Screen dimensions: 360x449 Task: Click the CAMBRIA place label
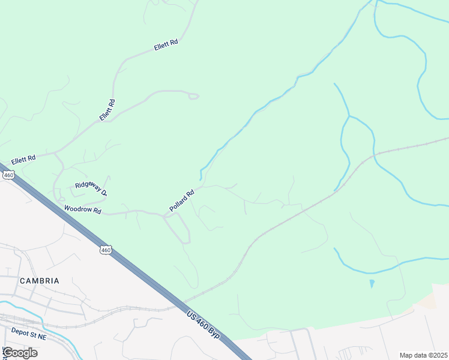(x=40, y=281)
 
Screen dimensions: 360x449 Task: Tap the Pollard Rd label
(x=182, y=200)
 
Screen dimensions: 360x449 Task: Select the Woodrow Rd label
(x=83, y=211)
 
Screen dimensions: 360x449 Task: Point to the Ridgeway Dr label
(x=91, y=189)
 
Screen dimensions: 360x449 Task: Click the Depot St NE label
(x=28, y=331)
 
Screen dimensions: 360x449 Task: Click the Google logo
(x=20, y=352)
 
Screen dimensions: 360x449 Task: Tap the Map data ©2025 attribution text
(x=423, y=355)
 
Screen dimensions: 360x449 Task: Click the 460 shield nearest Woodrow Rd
(x=106, y=250)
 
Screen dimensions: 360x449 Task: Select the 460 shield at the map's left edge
(x=8, y=175)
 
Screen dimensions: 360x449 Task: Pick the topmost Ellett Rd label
(x=166, y=44)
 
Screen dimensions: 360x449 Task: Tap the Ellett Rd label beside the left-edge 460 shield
(x=23, y=158)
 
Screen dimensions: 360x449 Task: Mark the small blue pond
(x=372, y=283)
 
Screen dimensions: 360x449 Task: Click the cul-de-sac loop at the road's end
(x=193, y=96)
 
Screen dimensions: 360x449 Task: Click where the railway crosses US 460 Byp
(x=178, y=302)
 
